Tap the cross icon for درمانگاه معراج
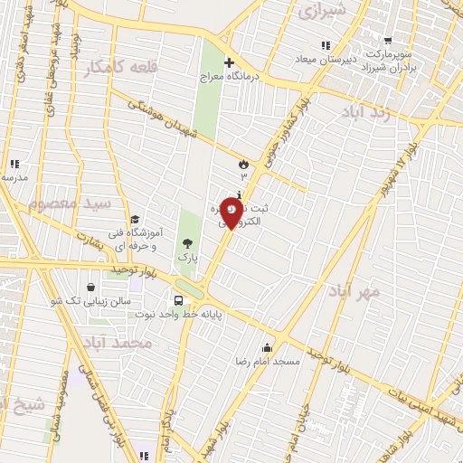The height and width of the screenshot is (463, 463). (229, 63)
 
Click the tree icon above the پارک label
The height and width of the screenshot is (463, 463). (187, 243)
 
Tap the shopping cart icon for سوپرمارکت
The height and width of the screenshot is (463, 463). (388, 41)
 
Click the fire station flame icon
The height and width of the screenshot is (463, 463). (243, 163)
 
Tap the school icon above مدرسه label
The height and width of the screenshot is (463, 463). (14, 165)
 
